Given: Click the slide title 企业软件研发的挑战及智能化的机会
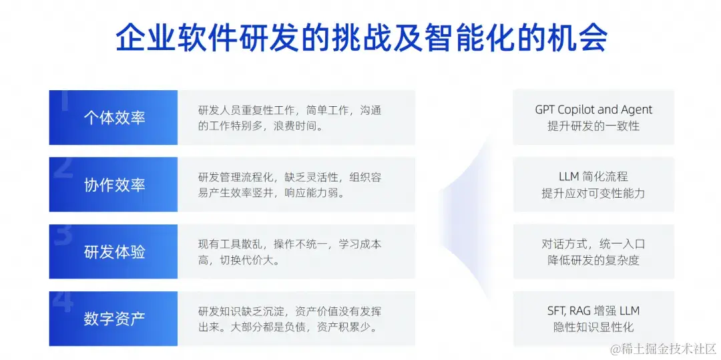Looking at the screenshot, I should point(360,39).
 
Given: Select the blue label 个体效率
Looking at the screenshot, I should point(114,118).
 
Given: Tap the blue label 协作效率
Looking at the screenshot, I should point(114,185).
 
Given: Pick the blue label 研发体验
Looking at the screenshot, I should point(114,252).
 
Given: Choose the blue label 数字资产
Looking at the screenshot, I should point(114,319).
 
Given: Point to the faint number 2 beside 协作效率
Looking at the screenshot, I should point(63,168).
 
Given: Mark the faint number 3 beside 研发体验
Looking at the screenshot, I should point(63,234).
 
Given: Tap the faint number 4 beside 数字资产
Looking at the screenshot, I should point(63,301).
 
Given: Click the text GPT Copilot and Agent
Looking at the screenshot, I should point(593,110).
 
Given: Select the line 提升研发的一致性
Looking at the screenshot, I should point(593,126).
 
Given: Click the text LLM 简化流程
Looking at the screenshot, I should point(593,176).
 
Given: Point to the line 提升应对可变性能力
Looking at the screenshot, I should point(593,193).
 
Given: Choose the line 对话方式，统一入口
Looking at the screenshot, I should point(593,244).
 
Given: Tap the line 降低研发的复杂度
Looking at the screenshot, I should point(593,260).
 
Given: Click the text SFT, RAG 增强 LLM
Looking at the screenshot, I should point(593,311).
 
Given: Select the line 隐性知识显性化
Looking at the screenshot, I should point(593,327).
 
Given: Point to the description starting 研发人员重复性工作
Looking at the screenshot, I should point(290,118).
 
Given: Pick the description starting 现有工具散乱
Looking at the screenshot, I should point(290,252).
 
